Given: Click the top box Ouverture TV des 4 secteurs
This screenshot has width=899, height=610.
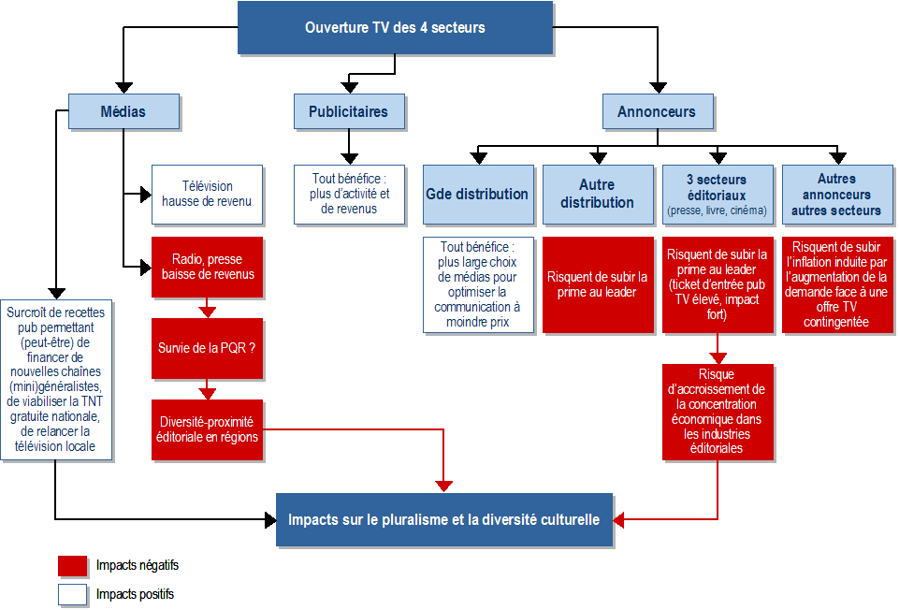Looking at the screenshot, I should pyautogui.click(x=394, y=27).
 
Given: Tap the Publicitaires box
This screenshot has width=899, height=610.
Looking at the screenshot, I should pyautogui.click(x=348, y=111).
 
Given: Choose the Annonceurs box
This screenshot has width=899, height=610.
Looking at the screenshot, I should pyautogui.click(x=656, y=111).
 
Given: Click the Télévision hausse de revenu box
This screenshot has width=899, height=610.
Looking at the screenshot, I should pyautogui.click(x=207, y=195).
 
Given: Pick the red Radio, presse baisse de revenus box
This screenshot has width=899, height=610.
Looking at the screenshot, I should pyautogui.click(x=207, y=267).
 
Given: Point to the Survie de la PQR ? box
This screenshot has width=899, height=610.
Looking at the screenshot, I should pyautogui.click(x=207, y=348).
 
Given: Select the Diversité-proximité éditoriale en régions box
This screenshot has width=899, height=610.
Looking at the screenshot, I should pyautogui.click(x=207, y=429).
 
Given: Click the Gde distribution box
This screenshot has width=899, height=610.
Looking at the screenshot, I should pyautogui.click(x=477, y=195).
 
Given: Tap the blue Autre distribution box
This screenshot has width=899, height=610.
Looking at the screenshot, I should pyautogui.click(x=598, y=195).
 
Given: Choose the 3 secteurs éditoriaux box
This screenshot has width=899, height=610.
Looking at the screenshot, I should pyautogui.click(x=718, y=195).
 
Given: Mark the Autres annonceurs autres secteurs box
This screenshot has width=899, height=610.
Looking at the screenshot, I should pyautogui.click(x=836, y=195).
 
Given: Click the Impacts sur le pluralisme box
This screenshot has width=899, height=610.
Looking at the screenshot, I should pyautogui.click(x=443, y=519).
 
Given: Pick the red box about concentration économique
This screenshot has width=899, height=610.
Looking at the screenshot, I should pyautogui.click(x=718, y=412).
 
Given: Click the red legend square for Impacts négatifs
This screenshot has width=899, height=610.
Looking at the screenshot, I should pyautogui.click(x=72, y=566).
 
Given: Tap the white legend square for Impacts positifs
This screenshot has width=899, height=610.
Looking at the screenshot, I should pyautogui.click(x=72, y=594).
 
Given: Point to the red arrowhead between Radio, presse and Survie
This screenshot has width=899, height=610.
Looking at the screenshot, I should pyautogui.click(x=208, y=312).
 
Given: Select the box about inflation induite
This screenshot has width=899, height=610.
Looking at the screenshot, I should pyautogui.click(x=836, y=284).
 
